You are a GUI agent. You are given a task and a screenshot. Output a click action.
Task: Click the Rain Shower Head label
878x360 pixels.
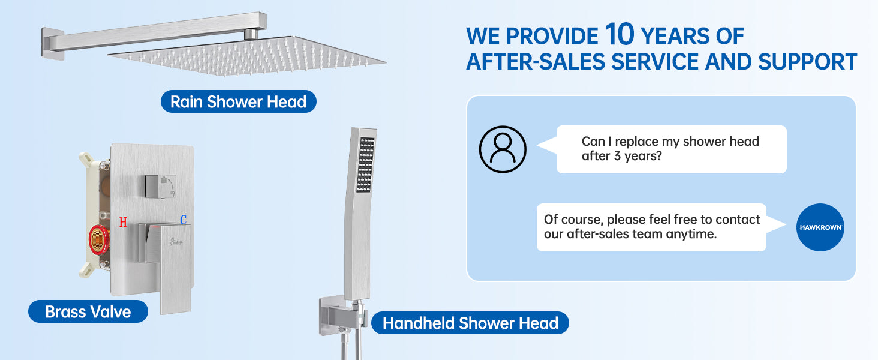(238, 101)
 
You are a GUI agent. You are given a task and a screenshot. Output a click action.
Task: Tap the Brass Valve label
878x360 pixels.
(88, 312)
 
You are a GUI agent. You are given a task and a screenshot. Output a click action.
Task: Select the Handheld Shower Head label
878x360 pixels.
(470, 323)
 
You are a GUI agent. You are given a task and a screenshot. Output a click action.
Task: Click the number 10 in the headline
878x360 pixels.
(620, 34)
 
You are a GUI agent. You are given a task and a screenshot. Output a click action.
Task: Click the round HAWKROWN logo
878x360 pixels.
(820, 227)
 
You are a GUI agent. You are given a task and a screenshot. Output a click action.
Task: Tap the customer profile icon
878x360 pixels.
(503, 149)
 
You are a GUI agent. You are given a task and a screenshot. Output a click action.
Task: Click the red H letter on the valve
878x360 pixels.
(123, 223)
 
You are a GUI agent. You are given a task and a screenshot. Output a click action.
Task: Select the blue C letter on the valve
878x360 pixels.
(183, 220)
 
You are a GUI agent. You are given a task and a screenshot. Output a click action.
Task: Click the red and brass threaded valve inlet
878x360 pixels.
(98, 240)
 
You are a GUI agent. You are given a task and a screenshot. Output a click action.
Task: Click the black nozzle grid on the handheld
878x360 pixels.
(366, 165)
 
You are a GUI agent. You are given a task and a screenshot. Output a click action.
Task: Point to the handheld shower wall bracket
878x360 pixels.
(342, 316)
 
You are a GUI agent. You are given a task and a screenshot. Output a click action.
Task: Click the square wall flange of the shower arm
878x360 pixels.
(53, 44)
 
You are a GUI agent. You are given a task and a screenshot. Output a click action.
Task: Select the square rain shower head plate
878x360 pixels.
(247, 56)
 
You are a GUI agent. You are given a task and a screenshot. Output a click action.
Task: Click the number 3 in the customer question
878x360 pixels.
(617, 156)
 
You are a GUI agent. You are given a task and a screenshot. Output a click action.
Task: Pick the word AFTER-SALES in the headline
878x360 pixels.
(536, 62)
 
